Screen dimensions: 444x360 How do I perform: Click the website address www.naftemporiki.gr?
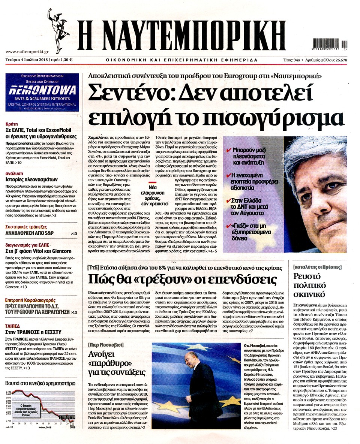point(26,52)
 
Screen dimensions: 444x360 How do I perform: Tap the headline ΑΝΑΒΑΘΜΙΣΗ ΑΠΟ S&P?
point(30,233)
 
